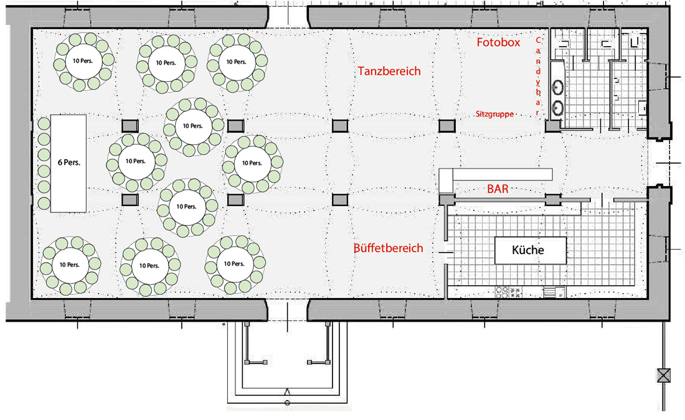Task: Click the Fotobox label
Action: click(498, 42)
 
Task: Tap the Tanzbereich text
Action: click(389, 71)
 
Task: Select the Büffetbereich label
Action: click(389, 248)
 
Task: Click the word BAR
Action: click(498, 189)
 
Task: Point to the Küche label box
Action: click(531, 250)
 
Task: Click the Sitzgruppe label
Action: click(494, 114)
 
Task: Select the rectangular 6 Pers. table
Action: click(68, 163)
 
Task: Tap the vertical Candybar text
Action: click(538, 77)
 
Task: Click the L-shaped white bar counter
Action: click(496, 175)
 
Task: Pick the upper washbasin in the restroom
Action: click(558, 87)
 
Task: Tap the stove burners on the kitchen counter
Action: click(502, 292)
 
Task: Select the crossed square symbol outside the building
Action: click(664, 375)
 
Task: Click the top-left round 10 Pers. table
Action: click(84, 61)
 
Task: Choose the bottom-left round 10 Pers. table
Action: click(70, 265)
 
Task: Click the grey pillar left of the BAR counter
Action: click(447, 200)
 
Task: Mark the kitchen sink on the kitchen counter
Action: click(554, 292)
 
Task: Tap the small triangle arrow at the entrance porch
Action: click(288, 391)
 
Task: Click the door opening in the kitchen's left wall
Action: click(446, 253)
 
